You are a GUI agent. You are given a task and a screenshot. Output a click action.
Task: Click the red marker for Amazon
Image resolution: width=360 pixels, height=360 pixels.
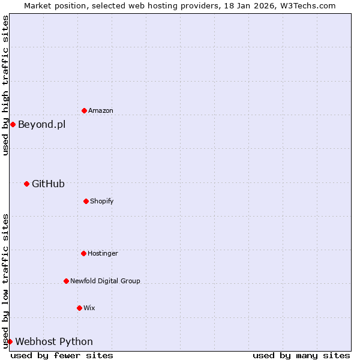[84, 110]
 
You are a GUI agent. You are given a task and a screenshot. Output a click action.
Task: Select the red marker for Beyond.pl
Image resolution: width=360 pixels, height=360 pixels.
[13, 124]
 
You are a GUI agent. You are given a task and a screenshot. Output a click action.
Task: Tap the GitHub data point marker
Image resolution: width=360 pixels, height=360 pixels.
[26, 184]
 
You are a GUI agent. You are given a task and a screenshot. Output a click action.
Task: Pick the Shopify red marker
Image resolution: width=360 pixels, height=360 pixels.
[86, 201]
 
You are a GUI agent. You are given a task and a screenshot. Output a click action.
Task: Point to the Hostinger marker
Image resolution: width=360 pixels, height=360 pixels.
[83, 253]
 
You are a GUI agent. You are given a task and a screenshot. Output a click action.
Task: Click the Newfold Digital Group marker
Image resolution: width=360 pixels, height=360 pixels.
[66, 281]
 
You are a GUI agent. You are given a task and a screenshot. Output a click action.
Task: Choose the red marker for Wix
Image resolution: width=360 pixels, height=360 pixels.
[79, 308]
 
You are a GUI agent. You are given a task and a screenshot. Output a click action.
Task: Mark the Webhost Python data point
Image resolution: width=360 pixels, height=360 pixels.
[10, 341]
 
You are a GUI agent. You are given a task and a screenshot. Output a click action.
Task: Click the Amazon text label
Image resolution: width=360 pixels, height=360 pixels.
[101, 110]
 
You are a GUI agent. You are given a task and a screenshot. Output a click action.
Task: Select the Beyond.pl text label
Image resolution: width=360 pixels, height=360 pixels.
[41, 125]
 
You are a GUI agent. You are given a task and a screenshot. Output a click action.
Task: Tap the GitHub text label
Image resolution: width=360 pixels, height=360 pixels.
[48, 184]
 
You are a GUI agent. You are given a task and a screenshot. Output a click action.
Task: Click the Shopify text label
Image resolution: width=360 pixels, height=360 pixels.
[102, 201]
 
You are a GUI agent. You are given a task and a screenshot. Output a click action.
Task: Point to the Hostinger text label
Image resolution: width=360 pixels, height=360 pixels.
[103, 253]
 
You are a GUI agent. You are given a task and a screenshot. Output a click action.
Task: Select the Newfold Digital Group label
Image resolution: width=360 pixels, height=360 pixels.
[105, 281]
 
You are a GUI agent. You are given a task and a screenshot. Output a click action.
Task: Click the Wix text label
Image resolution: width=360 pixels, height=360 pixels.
[89, 308]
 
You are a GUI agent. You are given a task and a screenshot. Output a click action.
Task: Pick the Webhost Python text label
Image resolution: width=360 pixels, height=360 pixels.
[54, 342]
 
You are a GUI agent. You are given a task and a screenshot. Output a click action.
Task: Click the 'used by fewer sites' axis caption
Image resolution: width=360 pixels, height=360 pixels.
[62, 355]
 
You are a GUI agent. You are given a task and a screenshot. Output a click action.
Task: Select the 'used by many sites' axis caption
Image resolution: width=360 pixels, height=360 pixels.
[301, 355]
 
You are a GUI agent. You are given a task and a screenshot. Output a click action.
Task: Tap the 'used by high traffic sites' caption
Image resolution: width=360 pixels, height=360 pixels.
[5, 86]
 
